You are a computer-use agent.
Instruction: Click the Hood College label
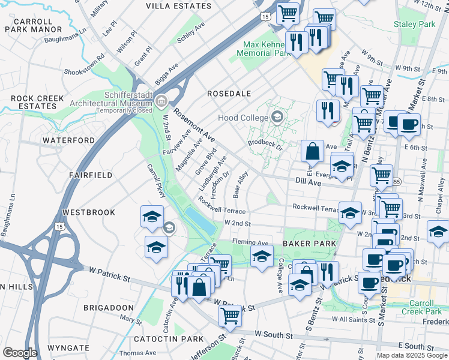coord(243,118)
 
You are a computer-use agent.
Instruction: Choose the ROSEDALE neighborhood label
coord(229,94)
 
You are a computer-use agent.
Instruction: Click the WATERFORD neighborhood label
coord(68,140)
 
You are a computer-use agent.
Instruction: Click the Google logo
coord(20,353)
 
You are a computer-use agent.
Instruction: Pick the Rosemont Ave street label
coord(194,124)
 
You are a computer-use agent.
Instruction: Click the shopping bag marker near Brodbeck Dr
coord(313,152)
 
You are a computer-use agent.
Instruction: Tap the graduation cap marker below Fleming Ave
coord(261,257)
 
